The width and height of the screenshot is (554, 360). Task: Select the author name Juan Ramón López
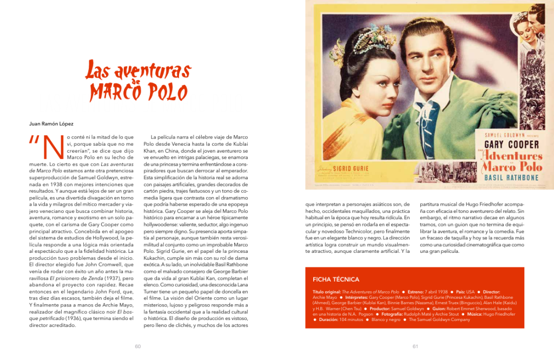click(x=51, y=124)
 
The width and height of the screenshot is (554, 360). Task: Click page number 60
click(x=138, y=346)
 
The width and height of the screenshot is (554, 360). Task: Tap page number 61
click(x=415, y=346)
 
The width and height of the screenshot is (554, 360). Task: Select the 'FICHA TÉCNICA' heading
click(x=335, y=279)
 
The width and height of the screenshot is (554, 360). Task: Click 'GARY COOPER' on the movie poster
click(x=511, y=145)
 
